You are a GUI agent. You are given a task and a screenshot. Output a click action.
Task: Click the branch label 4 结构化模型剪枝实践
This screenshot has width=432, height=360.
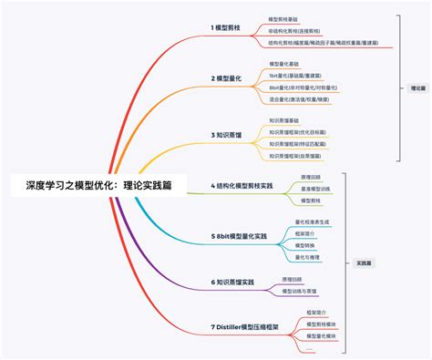[x=242, y=185]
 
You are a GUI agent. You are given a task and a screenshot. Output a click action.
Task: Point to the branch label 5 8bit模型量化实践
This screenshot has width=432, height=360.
[x=239, y=236]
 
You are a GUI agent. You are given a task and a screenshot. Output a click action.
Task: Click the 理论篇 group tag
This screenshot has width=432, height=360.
[x=418, y=89]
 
